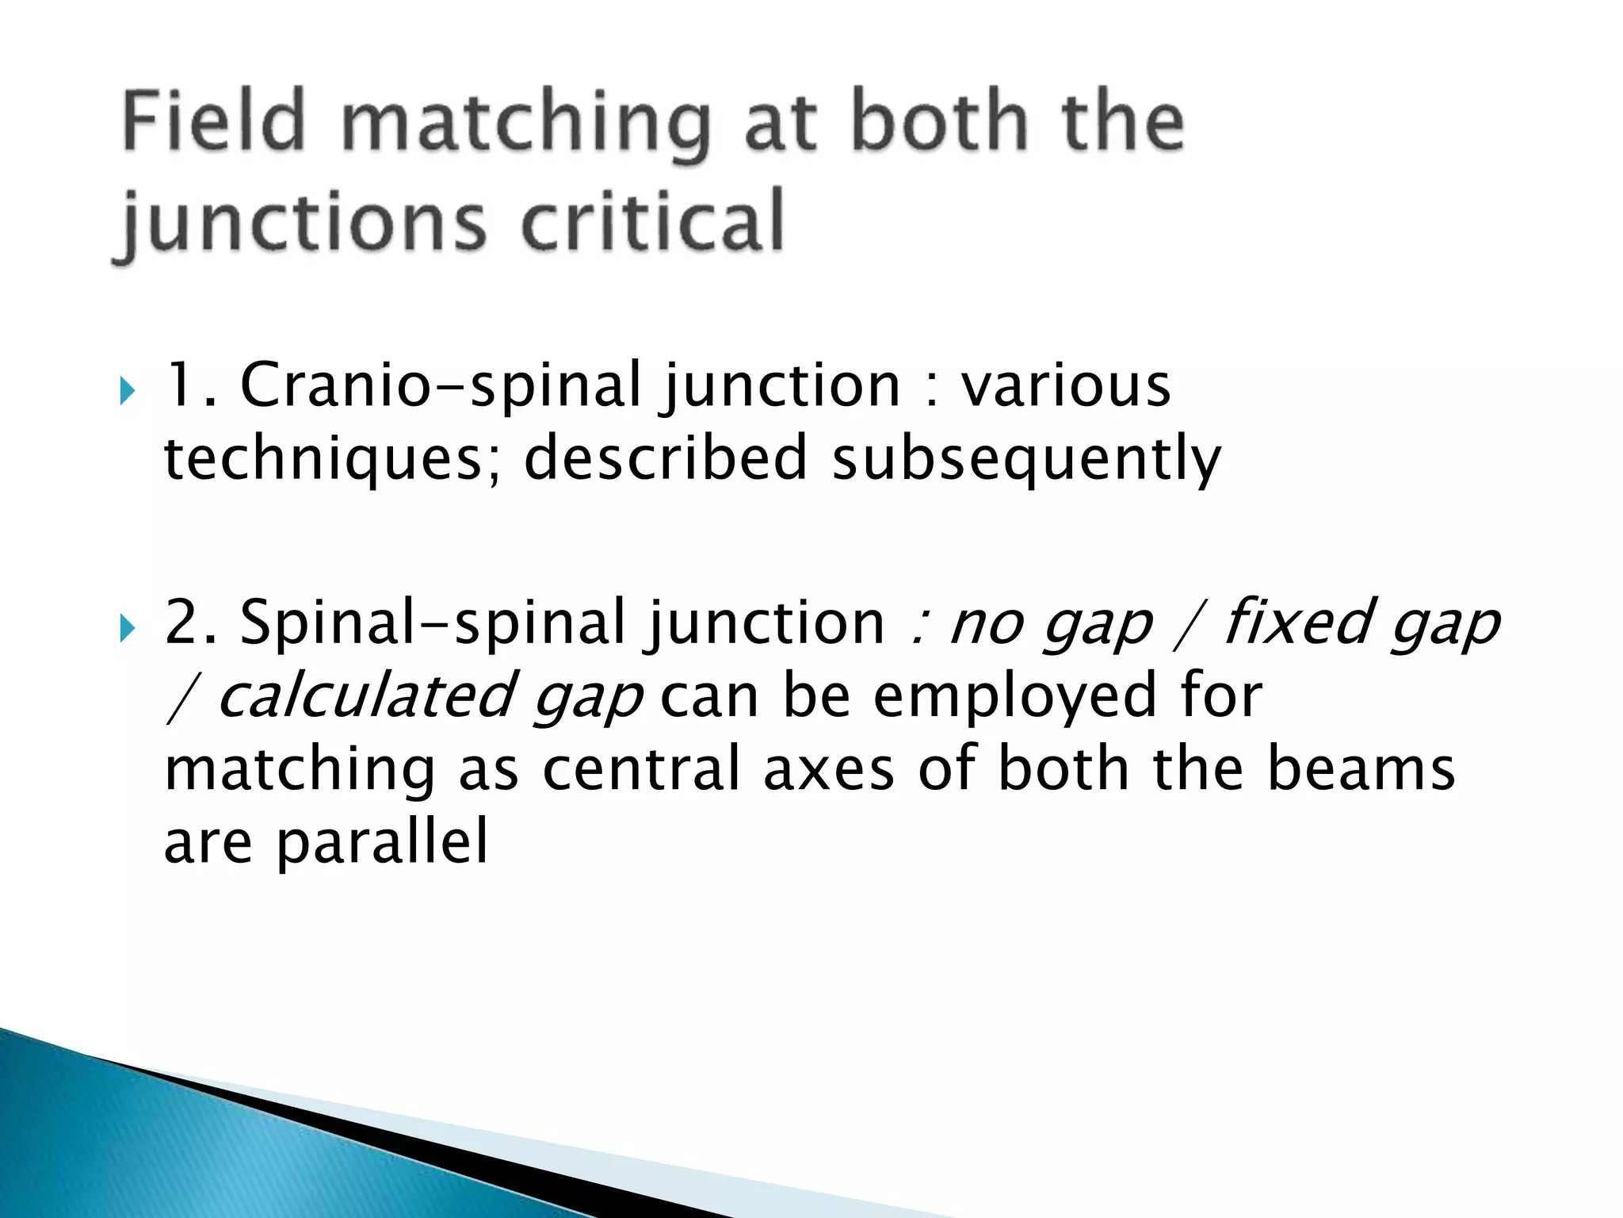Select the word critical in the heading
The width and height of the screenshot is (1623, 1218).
[652, 222]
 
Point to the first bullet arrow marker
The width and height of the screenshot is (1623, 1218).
[128, 391]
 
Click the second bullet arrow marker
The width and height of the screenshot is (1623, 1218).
[128, 629]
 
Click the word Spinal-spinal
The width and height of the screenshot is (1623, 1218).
[433, 623]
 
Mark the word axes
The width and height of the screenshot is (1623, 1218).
[828, 769]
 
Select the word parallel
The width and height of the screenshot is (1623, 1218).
[382, 843]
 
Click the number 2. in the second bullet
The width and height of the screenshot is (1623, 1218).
[190, 623]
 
